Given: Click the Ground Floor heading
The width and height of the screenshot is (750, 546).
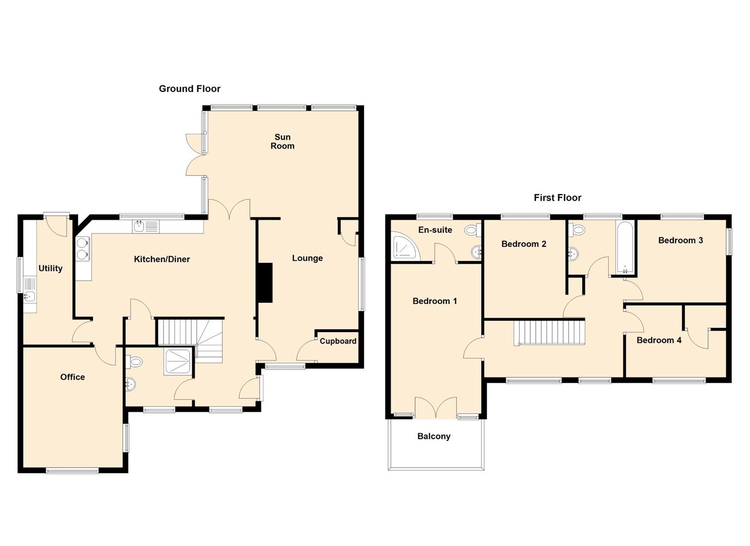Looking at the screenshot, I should (189, 88).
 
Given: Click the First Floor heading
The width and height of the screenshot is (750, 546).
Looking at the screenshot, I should (557, 198).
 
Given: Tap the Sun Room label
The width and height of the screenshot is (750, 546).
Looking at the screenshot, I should (282, 142).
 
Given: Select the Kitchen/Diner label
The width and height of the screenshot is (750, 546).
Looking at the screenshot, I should (162, 259).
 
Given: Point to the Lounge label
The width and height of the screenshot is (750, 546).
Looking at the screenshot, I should (307, 258).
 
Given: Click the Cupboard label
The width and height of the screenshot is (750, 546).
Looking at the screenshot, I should (338, 341).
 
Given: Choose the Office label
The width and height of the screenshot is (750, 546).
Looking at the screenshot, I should (72, 377).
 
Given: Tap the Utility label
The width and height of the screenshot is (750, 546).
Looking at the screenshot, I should (51, 268).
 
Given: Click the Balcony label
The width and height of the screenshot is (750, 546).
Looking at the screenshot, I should (433, 436).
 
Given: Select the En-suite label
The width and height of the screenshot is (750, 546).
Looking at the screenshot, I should (435, 230).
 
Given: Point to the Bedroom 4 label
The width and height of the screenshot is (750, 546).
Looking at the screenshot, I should (659, 340).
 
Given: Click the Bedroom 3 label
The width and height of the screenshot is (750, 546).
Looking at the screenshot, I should (680, 240).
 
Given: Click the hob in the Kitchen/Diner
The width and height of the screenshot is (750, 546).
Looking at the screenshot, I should (82, 248).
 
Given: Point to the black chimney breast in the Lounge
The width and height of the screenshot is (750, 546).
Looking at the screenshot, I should (265, 283).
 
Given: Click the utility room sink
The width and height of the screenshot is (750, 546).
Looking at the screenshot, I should (29, 297).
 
